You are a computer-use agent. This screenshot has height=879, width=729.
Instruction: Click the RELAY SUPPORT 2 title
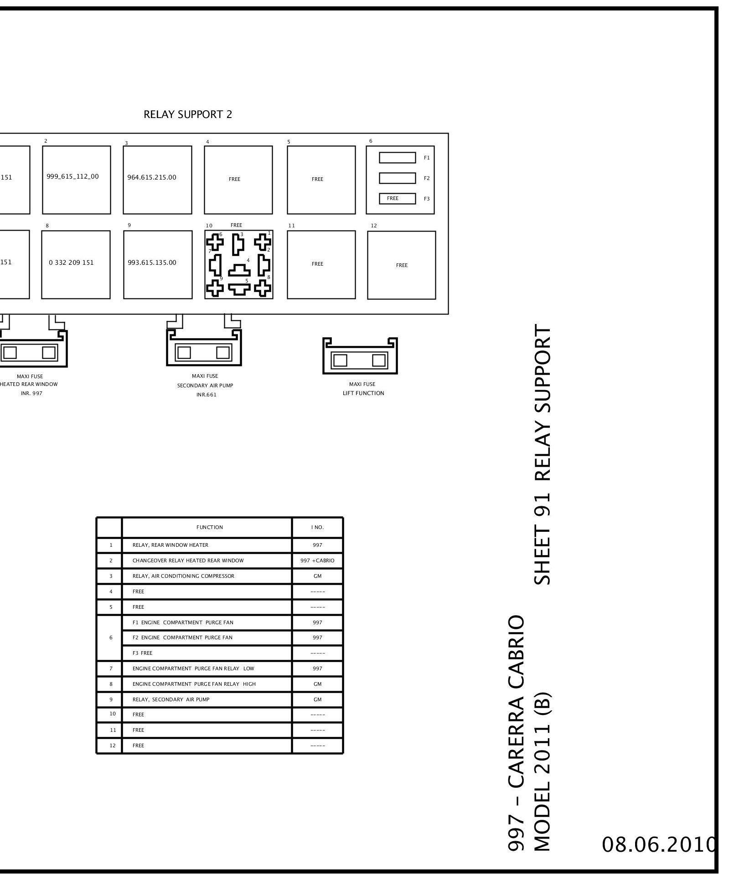[x=188, y=114]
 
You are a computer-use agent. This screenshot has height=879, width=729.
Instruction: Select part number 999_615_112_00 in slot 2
[x=72, y=177]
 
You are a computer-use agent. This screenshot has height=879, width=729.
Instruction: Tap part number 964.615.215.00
[x=152, y=177]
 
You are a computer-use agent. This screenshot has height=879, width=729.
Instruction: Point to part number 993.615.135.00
[x=152, y=262]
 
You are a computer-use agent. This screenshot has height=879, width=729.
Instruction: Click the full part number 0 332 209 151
[x=71, y=262]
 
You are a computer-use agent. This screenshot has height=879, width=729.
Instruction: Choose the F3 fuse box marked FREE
[x=397, y=198]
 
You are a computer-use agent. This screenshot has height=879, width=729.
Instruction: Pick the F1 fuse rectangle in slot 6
[x=397, y=158]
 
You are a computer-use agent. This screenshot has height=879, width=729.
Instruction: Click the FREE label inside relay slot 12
[x=402, y=265]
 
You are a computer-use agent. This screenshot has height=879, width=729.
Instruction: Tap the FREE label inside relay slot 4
[x=234, y=179]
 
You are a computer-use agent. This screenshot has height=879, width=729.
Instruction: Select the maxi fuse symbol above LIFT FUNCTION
[x=360, y=356]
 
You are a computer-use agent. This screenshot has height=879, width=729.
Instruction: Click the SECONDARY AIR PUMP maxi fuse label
[x=205, y=386]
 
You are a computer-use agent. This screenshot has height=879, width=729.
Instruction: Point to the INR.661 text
[x=207, y=395]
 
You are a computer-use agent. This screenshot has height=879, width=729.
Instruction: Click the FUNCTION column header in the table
[x=210, y=527]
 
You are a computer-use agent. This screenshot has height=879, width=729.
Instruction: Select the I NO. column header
[x=317, y=527]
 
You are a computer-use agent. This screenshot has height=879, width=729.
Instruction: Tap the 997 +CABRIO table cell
[x=317, y=560]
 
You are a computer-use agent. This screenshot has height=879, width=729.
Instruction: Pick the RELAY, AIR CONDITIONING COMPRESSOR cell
[x=183, y=576]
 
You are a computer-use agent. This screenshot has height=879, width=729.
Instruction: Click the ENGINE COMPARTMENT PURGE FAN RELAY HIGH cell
[x=194, y=684]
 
